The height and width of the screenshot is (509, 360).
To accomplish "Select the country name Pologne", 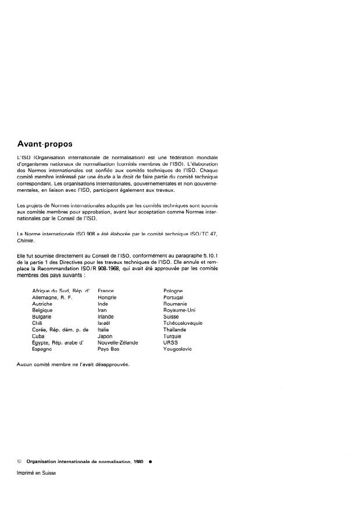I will click(173, 291).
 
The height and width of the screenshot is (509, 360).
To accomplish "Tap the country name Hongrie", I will click(108, 297).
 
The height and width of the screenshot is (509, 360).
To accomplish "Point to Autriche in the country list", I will click(42, 304).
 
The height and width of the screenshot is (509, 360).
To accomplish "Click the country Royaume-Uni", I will click(180, 310).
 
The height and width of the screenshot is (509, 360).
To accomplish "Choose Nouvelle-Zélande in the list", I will click(118, 342).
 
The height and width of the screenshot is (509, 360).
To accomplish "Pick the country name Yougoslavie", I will click(177, 349).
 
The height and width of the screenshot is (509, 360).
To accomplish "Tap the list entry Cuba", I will click(38, 336).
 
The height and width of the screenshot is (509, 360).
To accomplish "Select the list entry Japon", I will click(105, 336).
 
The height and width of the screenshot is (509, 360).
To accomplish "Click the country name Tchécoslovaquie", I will click(183, 323).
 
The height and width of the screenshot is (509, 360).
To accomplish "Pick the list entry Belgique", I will click(42, 310).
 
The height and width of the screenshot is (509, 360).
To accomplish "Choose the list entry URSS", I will click(171, 342).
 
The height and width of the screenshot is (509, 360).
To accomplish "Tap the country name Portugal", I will click(174, 297).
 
